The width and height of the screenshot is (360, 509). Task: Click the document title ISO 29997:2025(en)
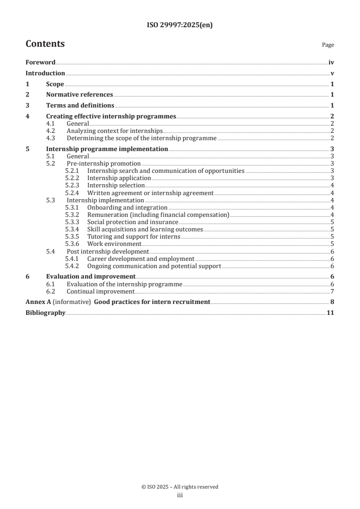180,25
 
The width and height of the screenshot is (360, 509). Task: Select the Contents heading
45,44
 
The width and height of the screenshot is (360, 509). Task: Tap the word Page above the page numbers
328,45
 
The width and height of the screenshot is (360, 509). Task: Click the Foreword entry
40,63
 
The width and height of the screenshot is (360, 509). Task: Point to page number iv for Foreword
331,63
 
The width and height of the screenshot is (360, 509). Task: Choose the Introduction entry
45,73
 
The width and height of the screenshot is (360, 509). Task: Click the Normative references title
79,95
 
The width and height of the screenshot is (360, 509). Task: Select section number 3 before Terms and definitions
28,106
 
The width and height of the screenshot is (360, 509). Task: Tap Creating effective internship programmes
111,117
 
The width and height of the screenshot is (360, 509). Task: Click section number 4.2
51,131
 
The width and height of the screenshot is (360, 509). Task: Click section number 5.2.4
72,193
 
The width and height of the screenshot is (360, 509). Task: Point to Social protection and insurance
133,222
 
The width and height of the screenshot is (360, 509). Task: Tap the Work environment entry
114,244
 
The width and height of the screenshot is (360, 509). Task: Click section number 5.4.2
72,266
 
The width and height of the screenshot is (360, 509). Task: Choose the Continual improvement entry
100,291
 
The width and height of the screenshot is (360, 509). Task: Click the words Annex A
38,302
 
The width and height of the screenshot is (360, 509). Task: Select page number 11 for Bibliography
330,313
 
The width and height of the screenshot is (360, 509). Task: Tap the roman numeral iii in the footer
180,496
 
